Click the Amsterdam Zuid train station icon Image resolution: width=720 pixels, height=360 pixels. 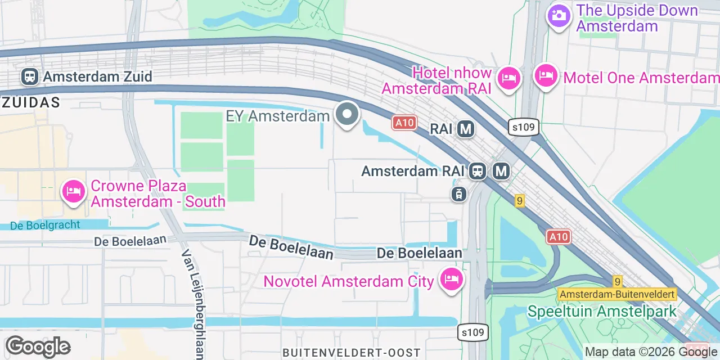30,76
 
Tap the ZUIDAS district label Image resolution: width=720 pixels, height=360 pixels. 31,102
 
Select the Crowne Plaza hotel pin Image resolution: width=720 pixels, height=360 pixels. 73,192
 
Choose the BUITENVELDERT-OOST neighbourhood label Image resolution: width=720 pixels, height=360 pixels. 352,353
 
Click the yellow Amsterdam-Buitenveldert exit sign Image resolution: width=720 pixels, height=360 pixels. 617,294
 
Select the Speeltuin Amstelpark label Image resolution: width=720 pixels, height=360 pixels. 602,311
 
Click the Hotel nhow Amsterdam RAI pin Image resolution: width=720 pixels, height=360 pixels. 509,78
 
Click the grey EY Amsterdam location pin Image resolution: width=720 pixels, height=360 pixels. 347,114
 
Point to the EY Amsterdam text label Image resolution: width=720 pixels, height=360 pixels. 277,116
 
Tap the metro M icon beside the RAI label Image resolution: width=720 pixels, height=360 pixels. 466,129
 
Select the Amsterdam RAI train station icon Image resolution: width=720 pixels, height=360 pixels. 478,171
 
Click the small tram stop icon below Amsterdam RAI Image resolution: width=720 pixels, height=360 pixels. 459,195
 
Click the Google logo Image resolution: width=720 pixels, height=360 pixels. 38,347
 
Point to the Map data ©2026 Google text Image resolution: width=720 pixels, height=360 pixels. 651,352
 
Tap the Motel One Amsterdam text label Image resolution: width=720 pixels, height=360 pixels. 641,78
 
